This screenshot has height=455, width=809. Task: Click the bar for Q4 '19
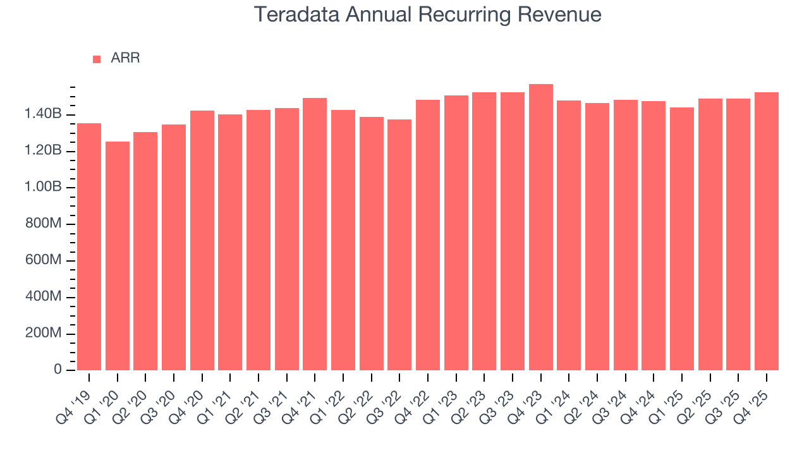pos(89,246)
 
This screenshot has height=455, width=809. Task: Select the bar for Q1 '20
pos(118,256)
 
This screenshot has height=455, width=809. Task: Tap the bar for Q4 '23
pos(541,227)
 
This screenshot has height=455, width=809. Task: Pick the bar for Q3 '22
pos(399,245)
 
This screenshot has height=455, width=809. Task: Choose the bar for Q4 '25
pos(767,231)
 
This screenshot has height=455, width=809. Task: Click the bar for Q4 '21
pos(315,234)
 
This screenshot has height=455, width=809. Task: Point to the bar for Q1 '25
pos(682,239)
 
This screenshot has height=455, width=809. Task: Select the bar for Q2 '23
pos(484,231)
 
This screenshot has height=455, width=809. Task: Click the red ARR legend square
pos(97,59)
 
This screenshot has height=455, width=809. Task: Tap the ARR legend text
pos(125,58)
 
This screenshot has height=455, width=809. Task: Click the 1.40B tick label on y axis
pos(43,114)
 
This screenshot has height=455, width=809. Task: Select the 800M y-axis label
pos(43,224)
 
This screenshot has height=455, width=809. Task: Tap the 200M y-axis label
pos(43,333)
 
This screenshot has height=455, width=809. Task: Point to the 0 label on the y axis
pos(58,370)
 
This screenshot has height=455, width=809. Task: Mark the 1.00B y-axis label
pos(43,187)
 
